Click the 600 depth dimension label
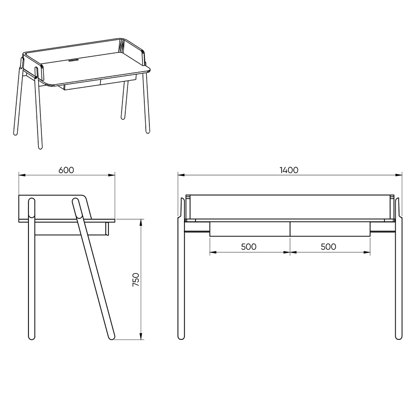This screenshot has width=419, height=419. (x=66, y=170)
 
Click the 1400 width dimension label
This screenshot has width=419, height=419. (x=289, y=170)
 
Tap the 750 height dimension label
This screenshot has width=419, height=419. (x=136, y=279)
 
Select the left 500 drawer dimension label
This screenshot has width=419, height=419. (x=249, y=246)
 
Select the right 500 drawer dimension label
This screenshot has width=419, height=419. (x=328, y=246)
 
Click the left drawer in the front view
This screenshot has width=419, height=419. (x=250, y=229)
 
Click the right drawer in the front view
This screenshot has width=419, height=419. (x=330, y=229)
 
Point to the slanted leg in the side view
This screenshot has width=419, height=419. (x=93, y=269)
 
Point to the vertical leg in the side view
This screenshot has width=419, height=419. (x=32, y=269)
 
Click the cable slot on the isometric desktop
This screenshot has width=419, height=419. (x=73, y=61)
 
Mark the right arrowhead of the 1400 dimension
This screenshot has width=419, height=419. (x=399, y=175)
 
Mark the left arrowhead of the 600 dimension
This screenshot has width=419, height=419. (x=22, y=175)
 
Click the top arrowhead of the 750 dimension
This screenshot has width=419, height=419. (x=141, y=223)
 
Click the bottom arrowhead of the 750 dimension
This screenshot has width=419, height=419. (x=141, y=337)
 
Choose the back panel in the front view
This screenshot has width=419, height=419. (x=290, y=207)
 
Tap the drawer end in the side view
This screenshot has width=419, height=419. (x=107, y=229)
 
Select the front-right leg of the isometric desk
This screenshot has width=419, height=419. (x=147, y=103)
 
